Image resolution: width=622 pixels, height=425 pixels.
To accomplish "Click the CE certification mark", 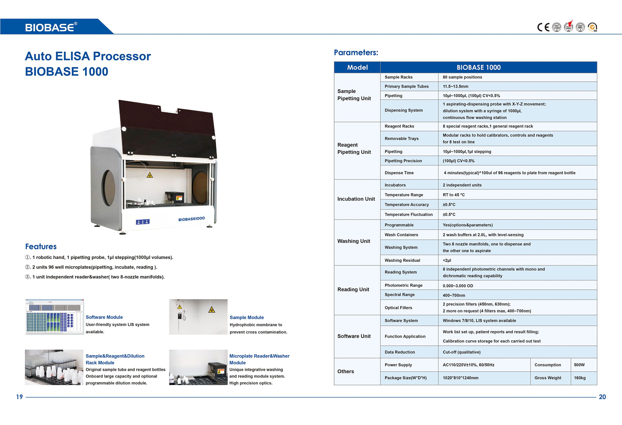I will click(543, 27).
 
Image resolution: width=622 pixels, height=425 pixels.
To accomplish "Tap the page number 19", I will click(19, 397).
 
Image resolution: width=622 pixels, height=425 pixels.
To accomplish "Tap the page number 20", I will click(602, 397).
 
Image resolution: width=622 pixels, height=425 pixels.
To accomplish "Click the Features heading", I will click(41, 246).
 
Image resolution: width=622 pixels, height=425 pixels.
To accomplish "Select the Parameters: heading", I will click(356, 52).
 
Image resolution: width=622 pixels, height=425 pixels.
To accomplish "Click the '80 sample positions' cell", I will click(462, 77).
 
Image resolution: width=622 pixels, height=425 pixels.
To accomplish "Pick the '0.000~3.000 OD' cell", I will click(458, 286).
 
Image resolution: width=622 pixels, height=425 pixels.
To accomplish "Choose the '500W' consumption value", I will click(579, 365).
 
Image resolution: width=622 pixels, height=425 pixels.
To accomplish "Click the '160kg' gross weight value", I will click(580, 378).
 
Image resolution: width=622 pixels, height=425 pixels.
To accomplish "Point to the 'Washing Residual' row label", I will click(402, 260).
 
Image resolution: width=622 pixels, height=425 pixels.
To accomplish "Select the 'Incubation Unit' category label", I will click(356, 199).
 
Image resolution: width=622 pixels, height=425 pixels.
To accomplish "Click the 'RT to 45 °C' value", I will click(454, 195).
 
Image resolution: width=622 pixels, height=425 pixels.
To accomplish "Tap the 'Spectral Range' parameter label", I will click(399, 294).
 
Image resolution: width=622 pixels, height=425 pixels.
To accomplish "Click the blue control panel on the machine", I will click(143, 222).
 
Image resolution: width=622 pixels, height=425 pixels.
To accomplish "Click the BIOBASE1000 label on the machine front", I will click(191, 219).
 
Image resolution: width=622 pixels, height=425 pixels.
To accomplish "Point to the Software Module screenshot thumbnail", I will click(55, 317).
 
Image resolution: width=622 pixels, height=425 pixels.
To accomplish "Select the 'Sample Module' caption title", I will click(246, 317).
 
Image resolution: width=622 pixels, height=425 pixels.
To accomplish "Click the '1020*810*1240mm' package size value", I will click(460, 378).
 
